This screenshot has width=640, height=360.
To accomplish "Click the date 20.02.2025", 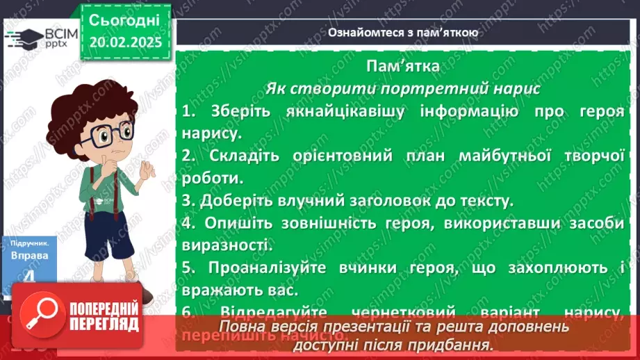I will point(125,41).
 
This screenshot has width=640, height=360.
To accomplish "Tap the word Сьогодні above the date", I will point(125,19).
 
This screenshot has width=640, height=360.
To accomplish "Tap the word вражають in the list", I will point(214,289).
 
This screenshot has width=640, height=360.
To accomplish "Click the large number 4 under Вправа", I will point(28,277).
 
